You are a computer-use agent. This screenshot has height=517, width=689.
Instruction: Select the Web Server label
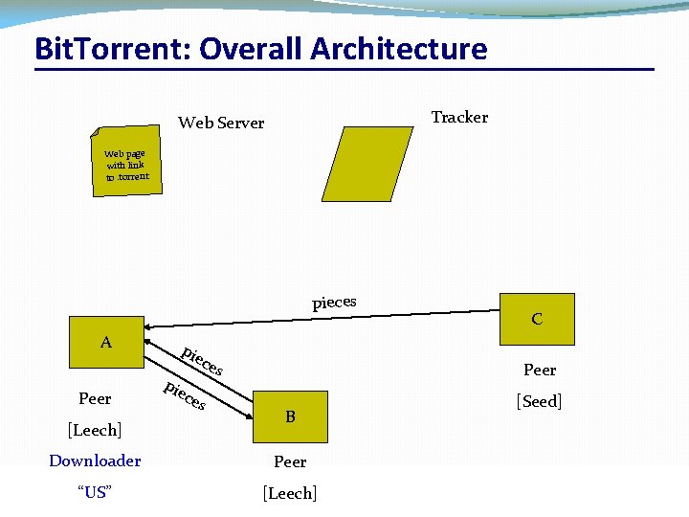(x=221, y=123)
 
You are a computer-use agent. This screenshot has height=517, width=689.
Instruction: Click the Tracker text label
(x=459, y=117)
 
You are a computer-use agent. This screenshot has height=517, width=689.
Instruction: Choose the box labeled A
(x=105, y=342)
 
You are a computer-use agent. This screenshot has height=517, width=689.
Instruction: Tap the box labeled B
(x=290, y=416)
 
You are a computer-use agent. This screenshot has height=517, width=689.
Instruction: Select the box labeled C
(x=537, y=319)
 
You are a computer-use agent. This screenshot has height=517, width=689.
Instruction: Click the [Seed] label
(x=539, y=401)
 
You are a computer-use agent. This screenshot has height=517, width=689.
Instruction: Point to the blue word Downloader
(x=95, y=461)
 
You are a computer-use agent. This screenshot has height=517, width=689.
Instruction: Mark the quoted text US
(x=95, y=492)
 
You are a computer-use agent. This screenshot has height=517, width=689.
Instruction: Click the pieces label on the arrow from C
(x=334, y=303)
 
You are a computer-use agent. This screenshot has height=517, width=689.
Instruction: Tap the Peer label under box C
(x=540, y=370)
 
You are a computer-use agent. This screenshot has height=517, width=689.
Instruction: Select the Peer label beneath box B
(x=290, y=461)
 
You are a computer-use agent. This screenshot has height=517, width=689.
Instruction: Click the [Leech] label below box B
(x=290, y=493)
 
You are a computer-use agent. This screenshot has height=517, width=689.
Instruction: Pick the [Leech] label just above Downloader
(x=94, y=429)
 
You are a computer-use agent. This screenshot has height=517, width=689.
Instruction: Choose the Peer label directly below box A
(x=95, y=398)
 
